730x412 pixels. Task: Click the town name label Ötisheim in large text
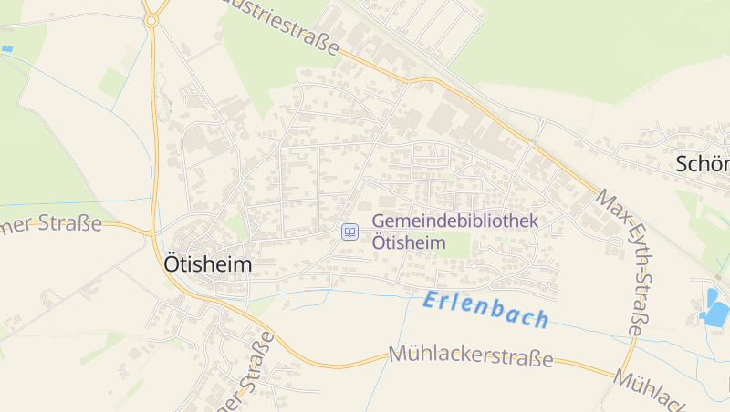207,263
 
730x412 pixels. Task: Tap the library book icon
349,232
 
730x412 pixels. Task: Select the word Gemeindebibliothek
455,221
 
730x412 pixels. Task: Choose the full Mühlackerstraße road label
470,355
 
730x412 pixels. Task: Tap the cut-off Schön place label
703,164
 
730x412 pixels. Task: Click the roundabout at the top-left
151,18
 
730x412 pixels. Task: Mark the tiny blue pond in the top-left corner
7,48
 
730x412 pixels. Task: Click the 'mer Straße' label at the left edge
50,224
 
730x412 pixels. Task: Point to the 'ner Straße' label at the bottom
246,374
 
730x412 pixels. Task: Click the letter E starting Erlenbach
431,300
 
